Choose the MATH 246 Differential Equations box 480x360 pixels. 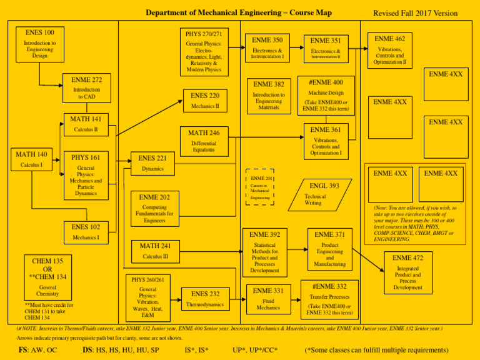[x=204, y=141]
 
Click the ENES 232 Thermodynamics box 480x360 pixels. [x=205, y=299]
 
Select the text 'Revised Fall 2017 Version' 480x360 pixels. [x=415, y=13]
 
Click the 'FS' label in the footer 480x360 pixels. [x=23, y=350]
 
